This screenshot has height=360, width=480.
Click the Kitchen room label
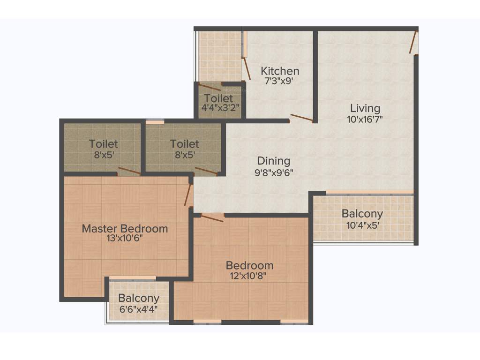280,71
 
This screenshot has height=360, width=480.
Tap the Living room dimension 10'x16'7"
365,119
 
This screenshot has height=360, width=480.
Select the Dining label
273,161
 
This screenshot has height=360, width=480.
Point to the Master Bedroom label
125,229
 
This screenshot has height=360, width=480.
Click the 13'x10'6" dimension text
125,238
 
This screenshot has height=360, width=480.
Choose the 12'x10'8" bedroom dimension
249,275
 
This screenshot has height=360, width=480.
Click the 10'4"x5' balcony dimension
362,225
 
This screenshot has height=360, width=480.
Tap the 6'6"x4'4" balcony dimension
139,309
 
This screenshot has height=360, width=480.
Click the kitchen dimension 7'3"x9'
280,81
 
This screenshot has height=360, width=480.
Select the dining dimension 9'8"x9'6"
273,172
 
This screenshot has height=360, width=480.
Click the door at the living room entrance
413,42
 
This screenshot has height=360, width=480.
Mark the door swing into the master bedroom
188,195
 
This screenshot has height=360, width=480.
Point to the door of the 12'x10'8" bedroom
212,217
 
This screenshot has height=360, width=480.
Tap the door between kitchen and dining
301,118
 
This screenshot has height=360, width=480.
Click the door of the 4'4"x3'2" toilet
210,87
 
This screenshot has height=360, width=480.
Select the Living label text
365,109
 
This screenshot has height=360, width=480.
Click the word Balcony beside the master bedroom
139,298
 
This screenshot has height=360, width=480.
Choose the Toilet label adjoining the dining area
184,144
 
